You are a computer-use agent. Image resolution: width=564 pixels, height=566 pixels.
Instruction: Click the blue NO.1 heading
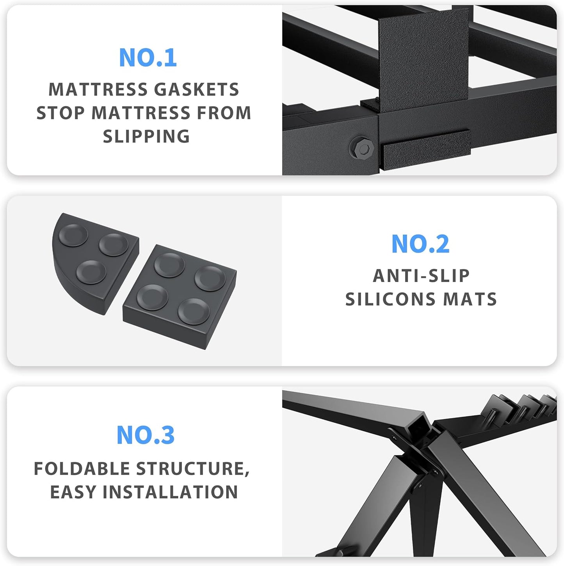(148, 58)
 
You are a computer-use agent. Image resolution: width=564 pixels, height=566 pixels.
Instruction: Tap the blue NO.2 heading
(420, 244)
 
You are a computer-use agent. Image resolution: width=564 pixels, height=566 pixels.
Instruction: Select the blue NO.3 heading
(146, 435)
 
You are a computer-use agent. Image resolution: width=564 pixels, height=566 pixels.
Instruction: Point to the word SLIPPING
(146, 136)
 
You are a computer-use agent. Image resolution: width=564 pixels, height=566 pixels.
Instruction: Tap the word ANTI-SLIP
(421, 276)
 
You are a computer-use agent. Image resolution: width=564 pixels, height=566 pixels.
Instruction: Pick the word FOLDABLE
(82, 469)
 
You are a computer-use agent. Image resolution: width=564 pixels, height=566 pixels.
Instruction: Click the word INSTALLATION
(170, 492)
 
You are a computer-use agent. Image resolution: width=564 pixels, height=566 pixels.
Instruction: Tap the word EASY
(73, 492)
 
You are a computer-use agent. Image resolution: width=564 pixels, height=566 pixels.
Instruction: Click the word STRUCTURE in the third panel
(190, 469)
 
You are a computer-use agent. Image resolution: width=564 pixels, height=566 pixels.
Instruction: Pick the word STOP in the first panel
(60, 113)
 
